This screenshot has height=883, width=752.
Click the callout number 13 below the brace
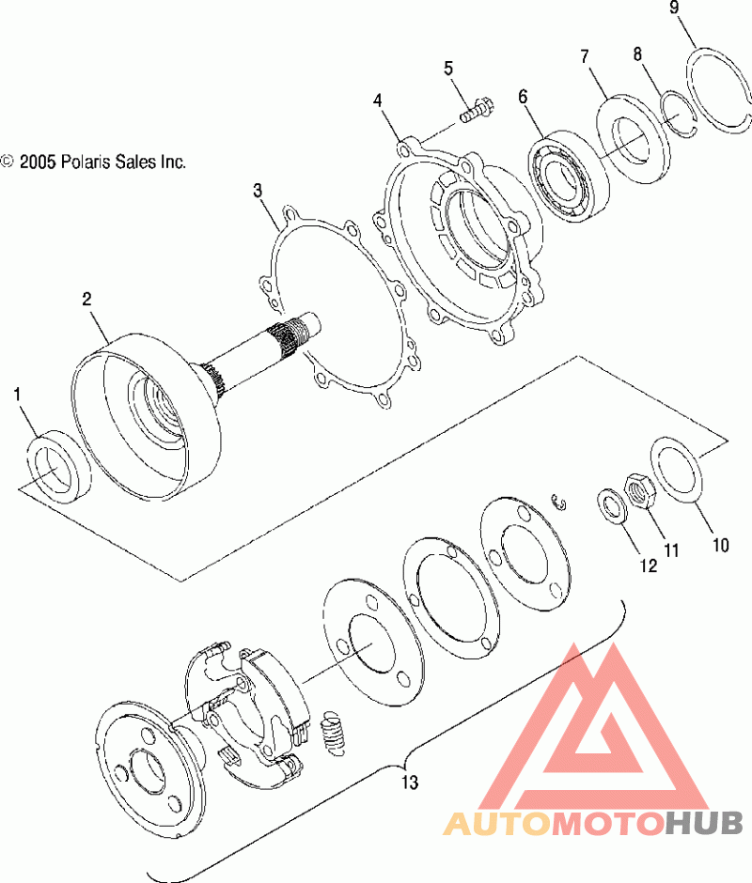pyautogui.click(x=410, y=782)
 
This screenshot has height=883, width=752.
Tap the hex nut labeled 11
pyautogui.click(x=640, y=491)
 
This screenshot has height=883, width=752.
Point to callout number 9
pyautogui.click(x=674, y=8)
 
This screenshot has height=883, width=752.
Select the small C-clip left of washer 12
pyautogui.click(x=557, y=503)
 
